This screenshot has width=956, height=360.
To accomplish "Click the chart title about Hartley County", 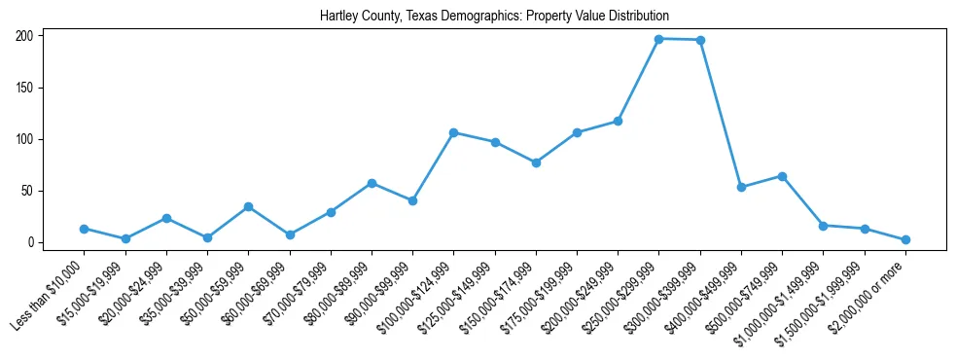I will tap(495, 17).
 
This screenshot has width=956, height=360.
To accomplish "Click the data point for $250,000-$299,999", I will tap(659, 39).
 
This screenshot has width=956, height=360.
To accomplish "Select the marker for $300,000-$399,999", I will tap(700, 40).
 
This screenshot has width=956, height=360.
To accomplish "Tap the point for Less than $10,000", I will tap(85, 229).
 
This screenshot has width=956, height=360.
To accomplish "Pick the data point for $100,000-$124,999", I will tap(454, 132).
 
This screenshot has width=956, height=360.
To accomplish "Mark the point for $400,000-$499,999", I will tap(741, 187).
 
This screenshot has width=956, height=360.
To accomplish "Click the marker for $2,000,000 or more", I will tap(905, 239).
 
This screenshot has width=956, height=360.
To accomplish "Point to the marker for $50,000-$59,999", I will tap(249, 206).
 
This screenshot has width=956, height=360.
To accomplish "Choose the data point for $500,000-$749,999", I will tap(782, 176).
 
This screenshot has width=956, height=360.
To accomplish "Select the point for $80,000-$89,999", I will tap(372, 183).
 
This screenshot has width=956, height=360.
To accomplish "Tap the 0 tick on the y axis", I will tap(31, 242).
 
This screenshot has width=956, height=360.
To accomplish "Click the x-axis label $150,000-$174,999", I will tap(499, 294).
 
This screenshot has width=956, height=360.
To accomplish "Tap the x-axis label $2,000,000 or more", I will tap(873, 291).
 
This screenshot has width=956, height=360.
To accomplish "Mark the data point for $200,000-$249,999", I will tap(618, 122).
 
